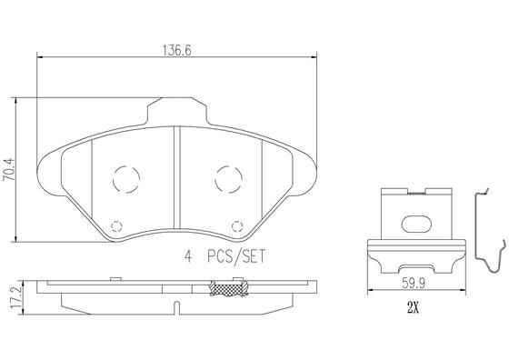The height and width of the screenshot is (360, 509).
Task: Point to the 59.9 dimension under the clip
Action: click(x=416, y=281)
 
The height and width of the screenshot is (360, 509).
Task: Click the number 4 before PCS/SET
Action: click(x=189, y=257)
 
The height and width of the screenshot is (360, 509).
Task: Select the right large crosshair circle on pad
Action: click(x=227, y=178)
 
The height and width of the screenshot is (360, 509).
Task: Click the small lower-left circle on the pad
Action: click(x=115, y=226)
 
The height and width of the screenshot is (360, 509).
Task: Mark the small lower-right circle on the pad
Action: click(x=238, y=226)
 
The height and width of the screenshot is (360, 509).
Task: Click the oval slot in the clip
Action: click(x=418, y=224)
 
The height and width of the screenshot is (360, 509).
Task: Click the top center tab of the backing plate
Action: click(x=176, y=111)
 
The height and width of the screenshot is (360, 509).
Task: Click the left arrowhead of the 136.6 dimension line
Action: click(x=38, y=59)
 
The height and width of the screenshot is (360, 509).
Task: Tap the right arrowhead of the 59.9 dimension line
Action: click(x=464, y=291)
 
